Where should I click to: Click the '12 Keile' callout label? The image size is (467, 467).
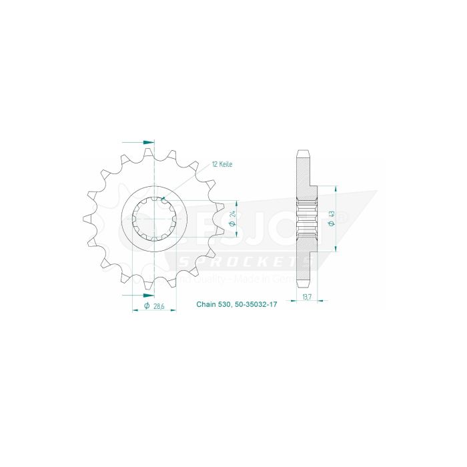click(221, 163)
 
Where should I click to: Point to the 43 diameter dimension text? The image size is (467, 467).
click(332, 217)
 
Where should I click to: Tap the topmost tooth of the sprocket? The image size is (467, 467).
click(154, 152)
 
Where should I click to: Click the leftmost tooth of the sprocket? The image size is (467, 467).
click(87, 217)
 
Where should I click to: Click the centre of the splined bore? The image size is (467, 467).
click(154, 217)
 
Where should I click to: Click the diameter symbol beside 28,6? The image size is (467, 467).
click(146, 306)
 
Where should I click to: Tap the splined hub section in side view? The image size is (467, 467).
click(308, 217)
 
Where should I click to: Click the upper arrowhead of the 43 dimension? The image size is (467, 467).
click(335, 190)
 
